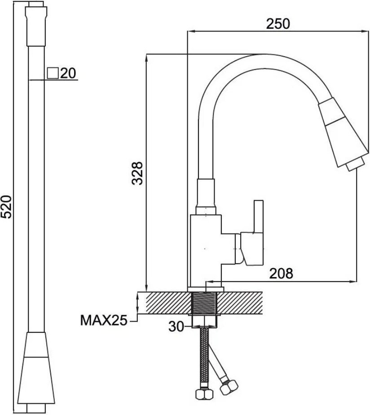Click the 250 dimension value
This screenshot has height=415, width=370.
(278, 23)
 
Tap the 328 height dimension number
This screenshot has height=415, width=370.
(137, 173)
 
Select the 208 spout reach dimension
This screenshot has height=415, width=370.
(281, 274)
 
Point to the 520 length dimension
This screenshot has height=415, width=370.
(6, 207)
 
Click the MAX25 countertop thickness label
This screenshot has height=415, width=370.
(104, 320)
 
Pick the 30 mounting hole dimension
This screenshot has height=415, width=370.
(176, 327)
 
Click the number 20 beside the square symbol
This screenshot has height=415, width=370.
(68, 73)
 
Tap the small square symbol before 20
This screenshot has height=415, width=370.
(53, 73)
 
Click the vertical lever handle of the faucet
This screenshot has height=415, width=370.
(258, 217)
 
